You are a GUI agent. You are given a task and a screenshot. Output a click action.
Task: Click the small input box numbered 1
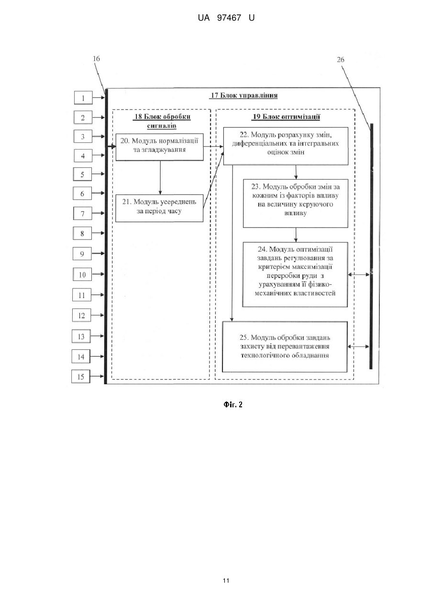pos(83,98)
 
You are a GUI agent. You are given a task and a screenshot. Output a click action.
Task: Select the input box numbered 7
pos(83,213)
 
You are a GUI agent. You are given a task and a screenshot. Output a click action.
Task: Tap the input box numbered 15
pos(80,377)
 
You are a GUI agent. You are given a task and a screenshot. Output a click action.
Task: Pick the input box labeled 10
pos(82,274)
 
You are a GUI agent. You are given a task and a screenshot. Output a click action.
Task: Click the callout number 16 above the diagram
pos(96,58)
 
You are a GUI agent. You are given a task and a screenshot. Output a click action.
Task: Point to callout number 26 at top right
pos(341,59)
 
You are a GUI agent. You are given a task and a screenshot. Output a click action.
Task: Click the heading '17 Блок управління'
pos(244,95)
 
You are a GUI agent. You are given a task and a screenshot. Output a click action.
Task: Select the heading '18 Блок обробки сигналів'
pos(162,121)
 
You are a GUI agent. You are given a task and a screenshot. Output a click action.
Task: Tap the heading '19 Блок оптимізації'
pos(287,116)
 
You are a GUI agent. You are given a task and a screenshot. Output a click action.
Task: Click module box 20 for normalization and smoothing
pos(160,147)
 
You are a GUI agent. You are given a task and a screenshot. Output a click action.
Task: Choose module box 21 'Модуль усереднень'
pos(159,208)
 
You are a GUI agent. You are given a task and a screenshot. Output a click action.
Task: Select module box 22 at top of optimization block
pos(286,146)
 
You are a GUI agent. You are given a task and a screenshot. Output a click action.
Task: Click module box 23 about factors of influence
pos(296,204)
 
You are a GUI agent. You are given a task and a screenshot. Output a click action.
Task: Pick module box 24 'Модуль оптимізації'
pos(295,275)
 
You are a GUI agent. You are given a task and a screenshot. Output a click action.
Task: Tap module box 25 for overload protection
pos(285,346)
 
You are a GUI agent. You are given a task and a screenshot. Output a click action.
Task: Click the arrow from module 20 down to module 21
pos(160,178)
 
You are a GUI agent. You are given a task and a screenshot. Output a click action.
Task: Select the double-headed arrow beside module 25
pos(358,346)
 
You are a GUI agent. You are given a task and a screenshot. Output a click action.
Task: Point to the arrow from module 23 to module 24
pos(296,235)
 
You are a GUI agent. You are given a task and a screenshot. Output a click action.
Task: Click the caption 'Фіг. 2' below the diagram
pos(233,404)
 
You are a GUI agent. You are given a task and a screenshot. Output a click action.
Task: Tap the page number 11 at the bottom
pos(226,581)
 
